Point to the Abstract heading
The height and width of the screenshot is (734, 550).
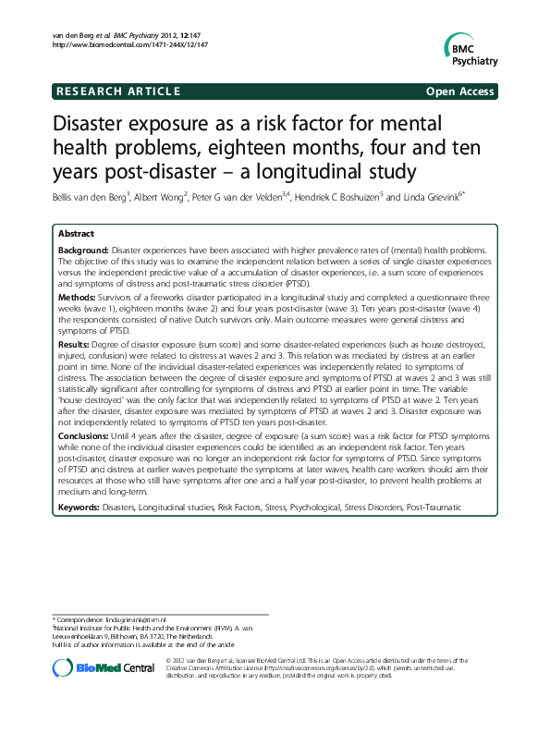[76, 235]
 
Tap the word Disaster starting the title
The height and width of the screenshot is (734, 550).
[89, 124]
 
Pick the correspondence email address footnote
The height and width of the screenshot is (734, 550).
[110, 618]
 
